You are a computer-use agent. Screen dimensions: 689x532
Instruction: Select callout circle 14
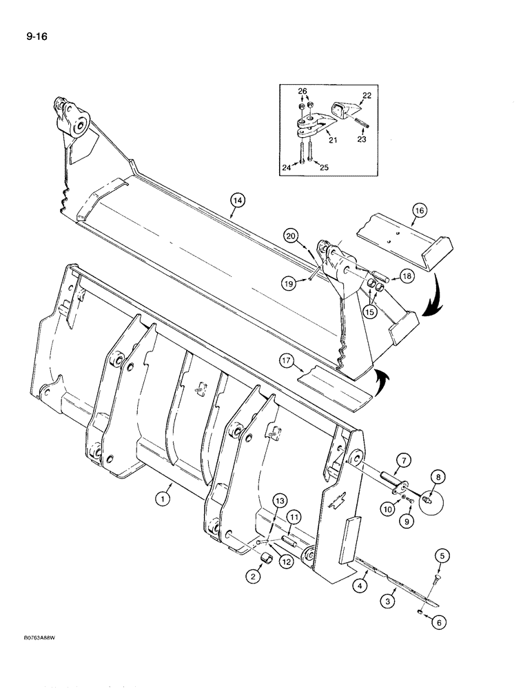[x=238, y=200]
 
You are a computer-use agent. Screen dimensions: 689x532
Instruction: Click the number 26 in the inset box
[x=302, y=90]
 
